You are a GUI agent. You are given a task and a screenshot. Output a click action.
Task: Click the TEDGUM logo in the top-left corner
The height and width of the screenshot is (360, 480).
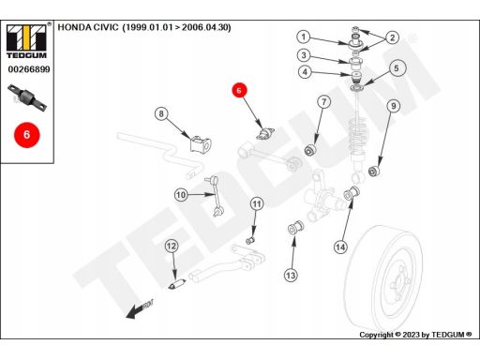click(x=26, y=41)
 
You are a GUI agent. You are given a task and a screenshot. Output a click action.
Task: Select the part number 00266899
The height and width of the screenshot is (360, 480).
click(x=29, y=69)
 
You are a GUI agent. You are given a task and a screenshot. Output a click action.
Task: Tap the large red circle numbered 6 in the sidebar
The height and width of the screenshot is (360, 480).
click(x=27, y=135)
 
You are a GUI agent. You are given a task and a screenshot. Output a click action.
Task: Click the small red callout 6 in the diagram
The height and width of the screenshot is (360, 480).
click(x=239, y=91)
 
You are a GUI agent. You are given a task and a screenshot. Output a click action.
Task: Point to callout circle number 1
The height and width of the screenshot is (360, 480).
click(x=304, y=37)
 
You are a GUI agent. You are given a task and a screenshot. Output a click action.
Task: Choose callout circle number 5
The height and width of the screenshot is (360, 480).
click(x=397, y=68)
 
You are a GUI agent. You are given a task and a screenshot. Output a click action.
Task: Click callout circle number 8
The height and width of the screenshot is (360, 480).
click(x=161, y=113)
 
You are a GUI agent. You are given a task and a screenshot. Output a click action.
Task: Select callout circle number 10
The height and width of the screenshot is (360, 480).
click(x=181, y=195)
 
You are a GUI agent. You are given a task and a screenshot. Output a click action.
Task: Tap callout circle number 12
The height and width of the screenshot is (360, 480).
click(x=172, y=247)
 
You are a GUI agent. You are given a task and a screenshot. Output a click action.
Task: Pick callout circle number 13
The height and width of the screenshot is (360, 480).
click(x=291, y=276)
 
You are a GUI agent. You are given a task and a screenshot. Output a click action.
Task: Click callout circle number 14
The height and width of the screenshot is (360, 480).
click(x=340, y=247)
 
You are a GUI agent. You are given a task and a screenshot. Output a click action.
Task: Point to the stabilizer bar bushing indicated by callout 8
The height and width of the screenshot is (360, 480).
click(x=201, y=143)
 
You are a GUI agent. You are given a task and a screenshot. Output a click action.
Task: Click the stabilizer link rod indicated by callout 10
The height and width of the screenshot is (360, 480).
click(x=214, y=196)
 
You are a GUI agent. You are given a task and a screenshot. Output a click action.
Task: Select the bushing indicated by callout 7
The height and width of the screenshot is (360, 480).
click(x=310, y=150)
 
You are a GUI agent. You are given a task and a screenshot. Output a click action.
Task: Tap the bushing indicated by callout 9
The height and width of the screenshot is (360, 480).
click(x=374, y=172)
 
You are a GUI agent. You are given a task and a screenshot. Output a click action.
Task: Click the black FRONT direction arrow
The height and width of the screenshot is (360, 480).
click(x=140, y=309)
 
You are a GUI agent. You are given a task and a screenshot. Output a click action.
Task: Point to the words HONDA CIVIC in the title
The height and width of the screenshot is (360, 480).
click(x=88, y=27)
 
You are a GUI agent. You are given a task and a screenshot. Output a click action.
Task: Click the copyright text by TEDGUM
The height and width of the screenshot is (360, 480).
click(x=415, y=335)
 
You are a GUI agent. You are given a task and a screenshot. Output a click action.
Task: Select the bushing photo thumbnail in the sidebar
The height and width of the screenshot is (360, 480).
click(x=27, y=97)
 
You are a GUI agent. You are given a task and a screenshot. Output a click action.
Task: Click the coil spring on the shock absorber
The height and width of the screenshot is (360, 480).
click(x=358, y=135)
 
